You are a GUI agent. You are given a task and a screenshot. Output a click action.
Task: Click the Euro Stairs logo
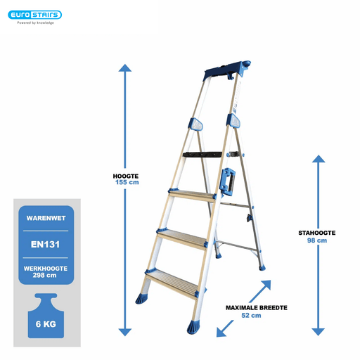[34, 15]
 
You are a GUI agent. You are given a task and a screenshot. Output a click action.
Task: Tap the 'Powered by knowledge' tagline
[35, 22]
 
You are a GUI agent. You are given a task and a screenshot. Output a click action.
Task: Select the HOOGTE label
[126, 176]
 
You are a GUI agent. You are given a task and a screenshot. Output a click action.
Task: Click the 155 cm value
[127, 182]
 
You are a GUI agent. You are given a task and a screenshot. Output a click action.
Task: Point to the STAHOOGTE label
[317, 233]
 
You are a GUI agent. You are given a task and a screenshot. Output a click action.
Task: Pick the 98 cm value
[317, 240]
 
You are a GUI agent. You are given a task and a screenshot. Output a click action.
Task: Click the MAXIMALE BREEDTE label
[257, 308]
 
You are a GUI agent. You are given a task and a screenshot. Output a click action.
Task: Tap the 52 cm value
[251, 316]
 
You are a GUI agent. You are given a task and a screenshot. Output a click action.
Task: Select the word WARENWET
[46, 218]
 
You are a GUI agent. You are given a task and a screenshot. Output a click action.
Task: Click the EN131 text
[45, 245]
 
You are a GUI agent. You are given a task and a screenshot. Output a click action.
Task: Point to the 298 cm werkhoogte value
[44, 275]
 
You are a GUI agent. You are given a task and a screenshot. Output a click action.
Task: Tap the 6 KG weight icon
[46, 316]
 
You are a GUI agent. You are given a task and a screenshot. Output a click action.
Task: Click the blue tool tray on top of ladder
[227, 70]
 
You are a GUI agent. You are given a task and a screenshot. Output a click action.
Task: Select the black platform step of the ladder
[202, 155]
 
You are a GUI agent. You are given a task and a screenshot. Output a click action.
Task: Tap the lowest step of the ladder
[172, 283]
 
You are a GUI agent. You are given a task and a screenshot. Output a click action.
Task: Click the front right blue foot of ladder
[193, 327]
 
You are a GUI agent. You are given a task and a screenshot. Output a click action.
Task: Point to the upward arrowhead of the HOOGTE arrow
[125, 67]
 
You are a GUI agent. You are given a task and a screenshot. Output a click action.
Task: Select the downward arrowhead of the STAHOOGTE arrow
[319, 332]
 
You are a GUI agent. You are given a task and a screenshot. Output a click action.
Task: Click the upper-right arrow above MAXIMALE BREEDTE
[260, 291]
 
